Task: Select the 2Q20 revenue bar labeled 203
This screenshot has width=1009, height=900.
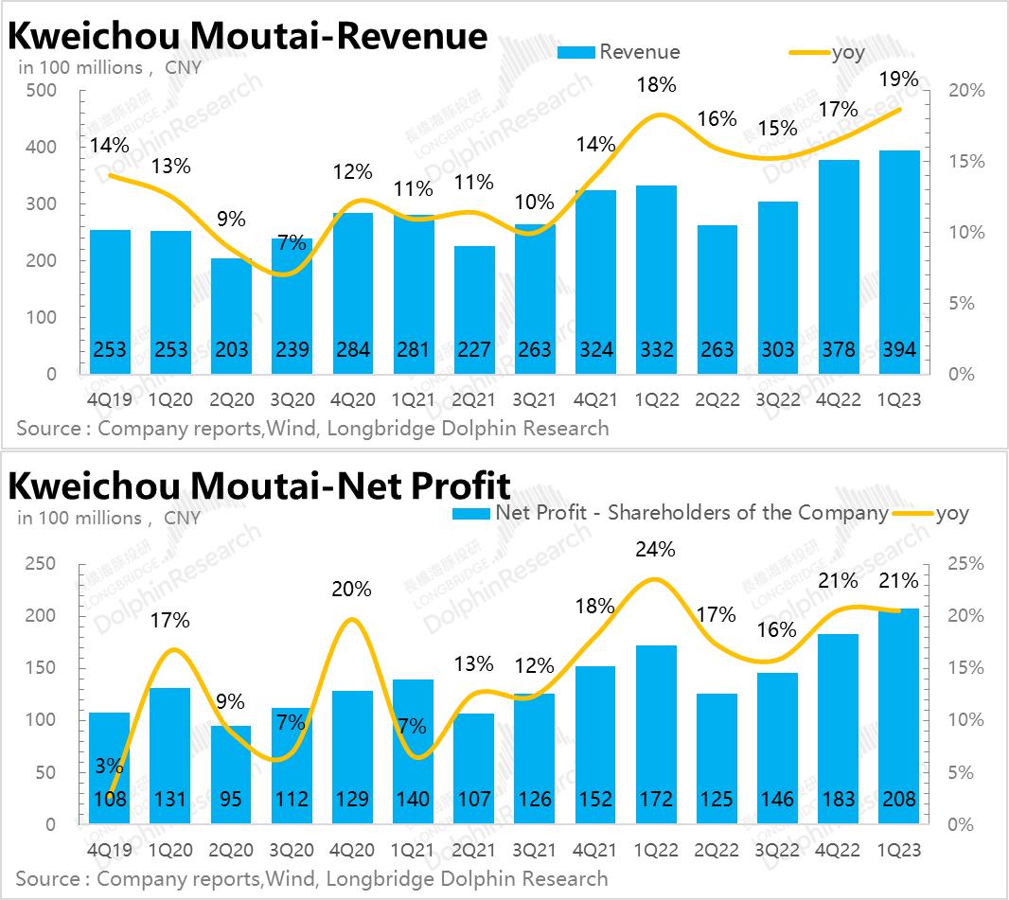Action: point(231,316)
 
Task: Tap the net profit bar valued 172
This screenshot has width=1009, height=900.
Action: point(656,734)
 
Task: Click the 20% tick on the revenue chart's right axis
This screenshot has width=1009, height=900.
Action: point(966,91)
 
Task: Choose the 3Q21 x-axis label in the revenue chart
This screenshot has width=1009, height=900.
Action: point(535,400)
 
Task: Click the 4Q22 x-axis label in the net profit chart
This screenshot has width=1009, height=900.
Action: point(838,851)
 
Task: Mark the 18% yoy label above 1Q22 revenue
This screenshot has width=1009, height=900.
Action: point(655,85)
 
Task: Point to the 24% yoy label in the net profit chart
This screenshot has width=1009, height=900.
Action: point(655,549)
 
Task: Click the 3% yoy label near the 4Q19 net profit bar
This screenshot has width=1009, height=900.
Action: point(108,767)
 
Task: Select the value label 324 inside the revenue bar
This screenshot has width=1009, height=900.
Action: point(595,350)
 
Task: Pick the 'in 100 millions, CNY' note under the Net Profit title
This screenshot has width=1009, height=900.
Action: point(109,518)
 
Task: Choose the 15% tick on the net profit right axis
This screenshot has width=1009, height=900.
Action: point(966,668)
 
